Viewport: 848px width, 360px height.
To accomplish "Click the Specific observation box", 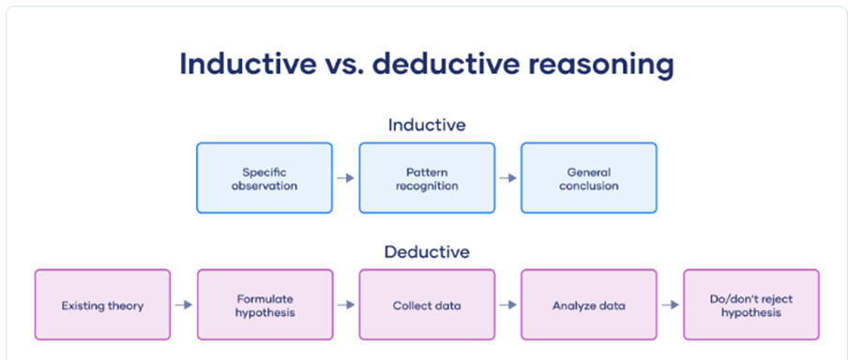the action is (x=265, y=178).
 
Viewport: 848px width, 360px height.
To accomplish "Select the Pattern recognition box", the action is (x=427, y=178).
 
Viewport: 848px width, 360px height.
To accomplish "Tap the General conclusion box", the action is (x=589, y=178).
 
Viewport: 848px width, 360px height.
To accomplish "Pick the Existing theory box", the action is (x=102, y=305).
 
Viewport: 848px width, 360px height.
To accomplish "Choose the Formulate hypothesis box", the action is (x=265, y=305).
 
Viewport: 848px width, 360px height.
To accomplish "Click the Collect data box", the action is (x=427, y=305).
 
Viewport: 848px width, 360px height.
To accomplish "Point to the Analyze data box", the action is (x=589, y=305).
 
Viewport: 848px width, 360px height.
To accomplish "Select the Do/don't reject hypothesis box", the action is (x=751, y=305).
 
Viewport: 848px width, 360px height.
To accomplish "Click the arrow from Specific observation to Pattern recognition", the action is (x=345, y=178).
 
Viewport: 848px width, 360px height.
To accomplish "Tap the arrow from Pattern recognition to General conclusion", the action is (x=507, y=178).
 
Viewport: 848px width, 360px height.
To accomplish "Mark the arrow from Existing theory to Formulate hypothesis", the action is (x=184, y=305).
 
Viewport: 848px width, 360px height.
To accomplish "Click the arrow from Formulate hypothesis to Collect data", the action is (x=346, y=305).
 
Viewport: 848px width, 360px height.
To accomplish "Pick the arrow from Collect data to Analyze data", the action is (x=507, y=305).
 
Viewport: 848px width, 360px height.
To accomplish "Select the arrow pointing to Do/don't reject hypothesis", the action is (x=670, y=305).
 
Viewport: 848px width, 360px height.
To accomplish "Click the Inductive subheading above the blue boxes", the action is (x=427, y=125).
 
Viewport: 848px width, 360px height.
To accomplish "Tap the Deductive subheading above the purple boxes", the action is (x=427, y=252).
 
